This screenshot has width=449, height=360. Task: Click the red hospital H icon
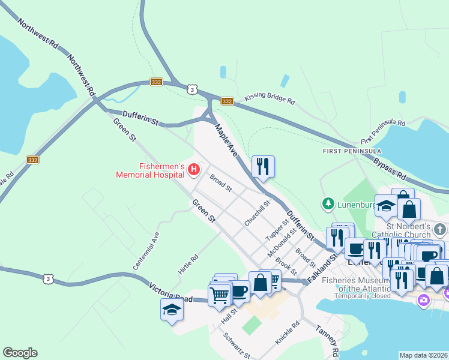(x=194, y=170)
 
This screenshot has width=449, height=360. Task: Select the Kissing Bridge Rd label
(x=270, y=99)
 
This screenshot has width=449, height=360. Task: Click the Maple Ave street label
(x=226, y=140)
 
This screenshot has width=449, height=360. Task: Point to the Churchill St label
(x=258, y=213)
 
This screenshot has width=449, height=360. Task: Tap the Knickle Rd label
(x=287, y=332)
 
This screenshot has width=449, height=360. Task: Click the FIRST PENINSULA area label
(x=352, y=150)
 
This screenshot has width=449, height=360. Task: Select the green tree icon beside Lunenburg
(x=328, y=204)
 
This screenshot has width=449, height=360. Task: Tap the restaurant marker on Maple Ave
(x=263, y=166)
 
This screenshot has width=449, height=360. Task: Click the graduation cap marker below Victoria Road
(x=172, y=310)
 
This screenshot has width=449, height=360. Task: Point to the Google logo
(x=20, y=353)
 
